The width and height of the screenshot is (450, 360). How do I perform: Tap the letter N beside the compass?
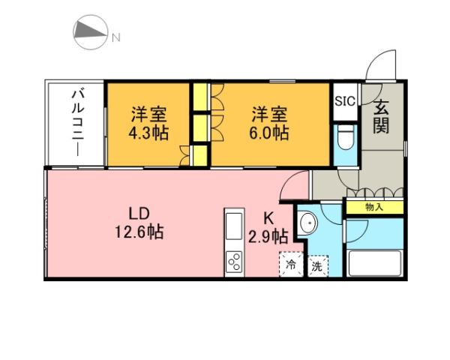click(x=116, y=36)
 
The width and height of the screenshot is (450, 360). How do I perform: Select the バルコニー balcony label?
click(x=76, y=122)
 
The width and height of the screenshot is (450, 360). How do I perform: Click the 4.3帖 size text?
click(x=148, y=124)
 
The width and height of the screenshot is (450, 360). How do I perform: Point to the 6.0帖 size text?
click(x=269, y=124)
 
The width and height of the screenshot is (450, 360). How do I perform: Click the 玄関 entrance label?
click(x=382, y=116)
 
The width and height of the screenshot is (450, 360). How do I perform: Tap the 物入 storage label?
click(x=374, y=206)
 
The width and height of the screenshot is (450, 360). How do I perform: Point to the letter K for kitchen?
click(x=268, y=218)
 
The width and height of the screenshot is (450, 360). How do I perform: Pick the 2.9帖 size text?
click(x=268, y=237)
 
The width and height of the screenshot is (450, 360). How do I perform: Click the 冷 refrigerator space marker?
click(x=291, y=265)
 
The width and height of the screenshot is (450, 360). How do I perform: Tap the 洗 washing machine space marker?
click(x=316, y=265)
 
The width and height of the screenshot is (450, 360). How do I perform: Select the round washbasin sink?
click(x=307, y=225)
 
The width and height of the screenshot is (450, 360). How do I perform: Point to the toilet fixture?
click(x=345, y=141)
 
